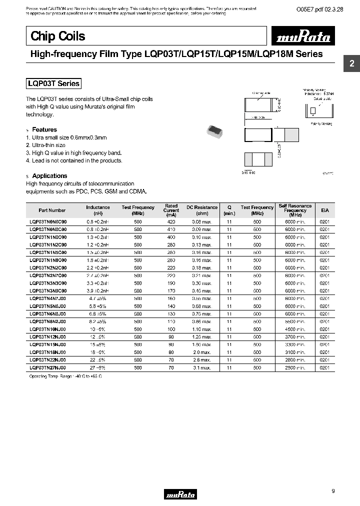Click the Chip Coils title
coord(58,36)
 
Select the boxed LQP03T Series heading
coord(53,84)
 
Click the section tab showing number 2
coord(351,63)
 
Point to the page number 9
coord(333,491)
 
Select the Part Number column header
coord(52,210)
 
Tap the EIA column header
coord(324,210)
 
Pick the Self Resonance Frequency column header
coord(295,210)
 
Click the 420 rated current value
coord(171,221)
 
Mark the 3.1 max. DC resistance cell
coord(202,367)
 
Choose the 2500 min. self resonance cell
coord(295,367)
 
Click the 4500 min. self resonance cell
coord(295,330)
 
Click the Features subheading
coord(44,129)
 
